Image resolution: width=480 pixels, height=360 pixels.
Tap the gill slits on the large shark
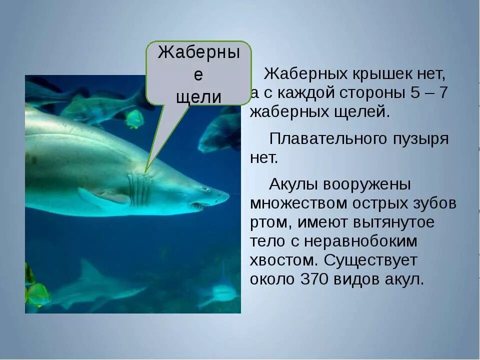[139, 189]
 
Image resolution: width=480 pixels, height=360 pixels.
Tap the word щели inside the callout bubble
[198, 96]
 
